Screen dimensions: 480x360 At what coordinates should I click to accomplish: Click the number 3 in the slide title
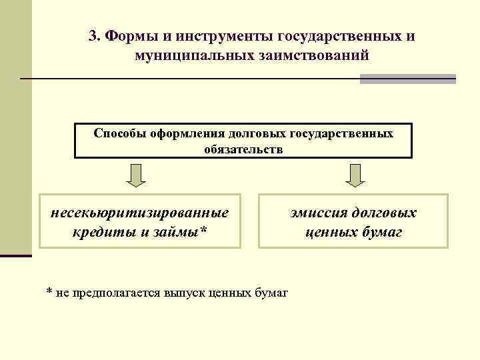point(93,35)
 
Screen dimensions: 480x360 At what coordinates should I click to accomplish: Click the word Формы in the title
point(127,35)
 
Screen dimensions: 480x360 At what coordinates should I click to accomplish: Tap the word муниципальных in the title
point(189,55)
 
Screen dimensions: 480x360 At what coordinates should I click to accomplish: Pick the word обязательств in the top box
point(243,149)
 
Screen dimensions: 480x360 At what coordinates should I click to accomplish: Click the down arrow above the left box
point(137,175)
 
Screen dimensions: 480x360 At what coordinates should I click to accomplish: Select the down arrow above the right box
point(354,175)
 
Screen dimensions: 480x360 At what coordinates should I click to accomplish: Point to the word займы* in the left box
point(184,232)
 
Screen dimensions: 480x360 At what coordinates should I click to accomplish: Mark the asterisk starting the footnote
point(49,293)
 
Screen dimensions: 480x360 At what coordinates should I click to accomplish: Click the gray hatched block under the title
point(407,79)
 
